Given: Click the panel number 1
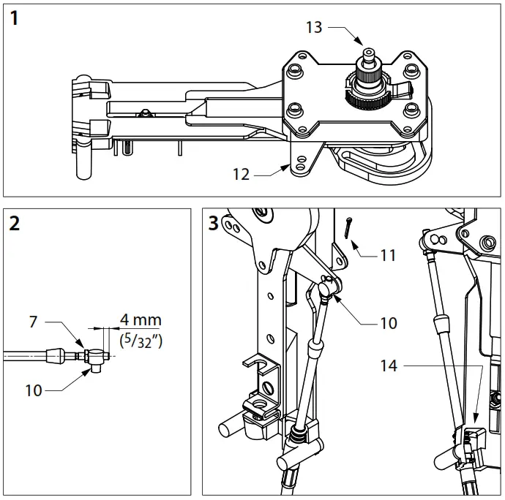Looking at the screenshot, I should click(15, 19).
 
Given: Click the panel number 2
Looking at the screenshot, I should click(15, 224).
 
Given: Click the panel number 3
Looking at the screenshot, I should click(213, 224).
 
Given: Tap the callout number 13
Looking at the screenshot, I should click(314, 27).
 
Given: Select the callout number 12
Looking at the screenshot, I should click(242, 175).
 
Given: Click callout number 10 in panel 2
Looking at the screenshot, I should click(33, 391).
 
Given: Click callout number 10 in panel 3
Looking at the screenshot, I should click(388, 322).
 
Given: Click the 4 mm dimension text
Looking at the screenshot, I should click(141, 320).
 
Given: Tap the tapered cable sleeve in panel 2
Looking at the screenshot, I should click(56, 357).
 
